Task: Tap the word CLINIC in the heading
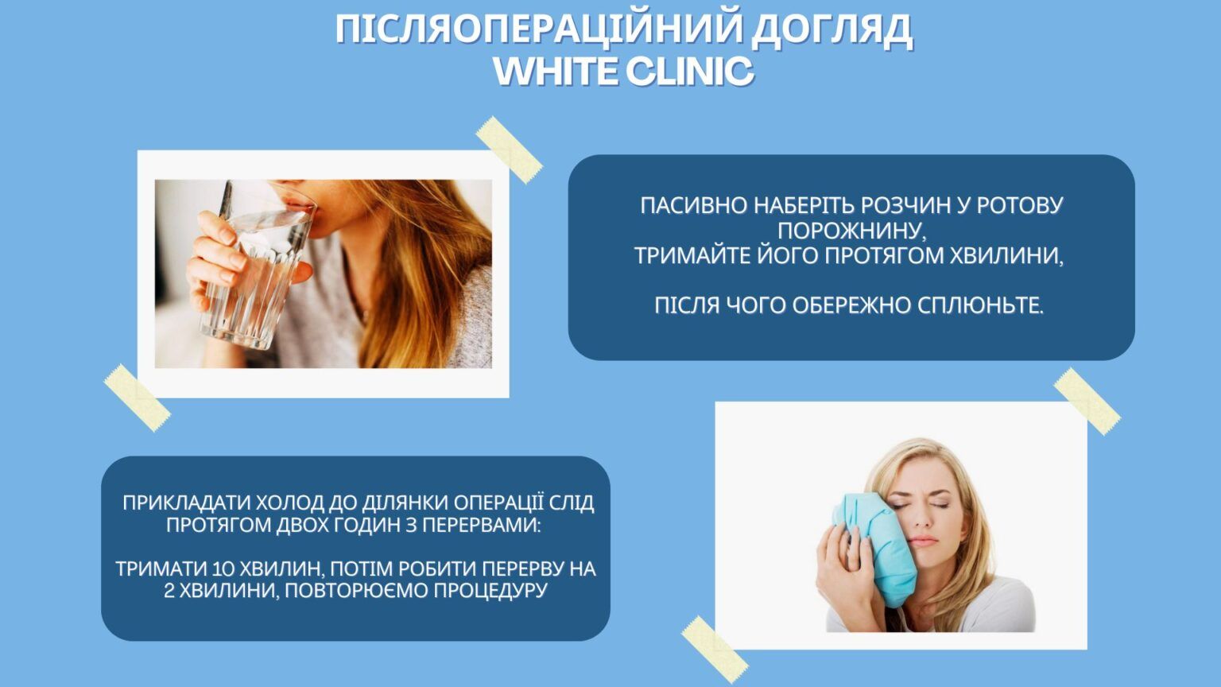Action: click(689, 72)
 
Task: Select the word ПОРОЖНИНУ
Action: click(851, 231)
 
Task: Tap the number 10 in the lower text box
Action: click(223, 569)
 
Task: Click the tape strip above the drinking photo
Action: click(509, 149)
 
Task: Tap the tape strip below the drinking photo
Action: click(137, 398)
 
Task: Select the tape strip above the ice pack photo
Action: click(1087, 401)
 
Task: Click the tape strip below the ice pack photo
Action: click(714, 648)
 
